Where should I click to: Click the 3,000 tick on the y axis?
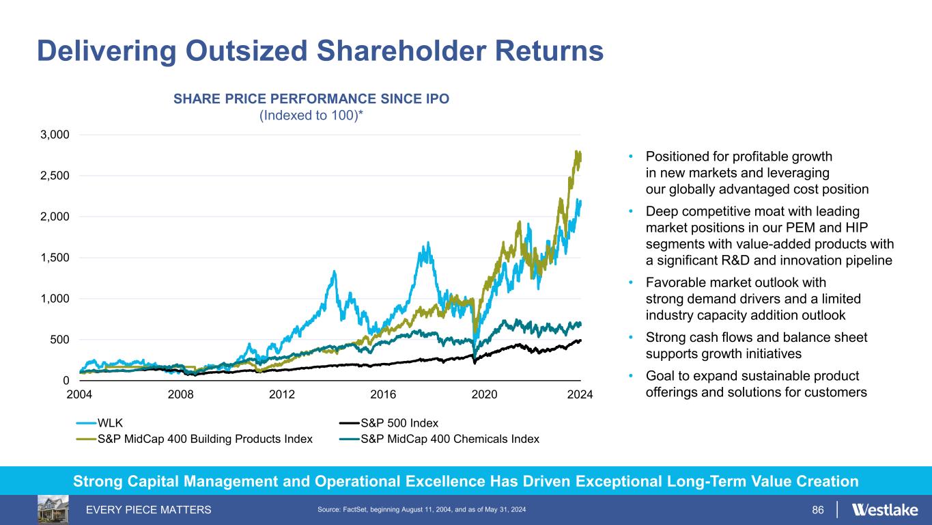[x=54, y=135]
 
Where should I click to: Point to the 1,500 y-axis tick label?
[x=54, y=258]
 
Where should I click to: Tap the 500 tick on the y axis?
[x=59, y=340]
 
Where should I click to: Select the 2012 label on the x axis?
[x=282, y=394]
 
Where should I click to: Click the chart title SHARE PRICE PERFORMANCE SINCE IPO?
[x=311, y=98]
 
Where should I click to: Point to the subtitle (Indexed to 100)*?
[x=311, y=116]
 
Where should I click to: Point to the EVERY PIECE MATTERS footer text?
[x=147, y=510]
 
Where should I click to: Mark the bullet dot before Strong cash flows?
[x=631, y=338]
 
